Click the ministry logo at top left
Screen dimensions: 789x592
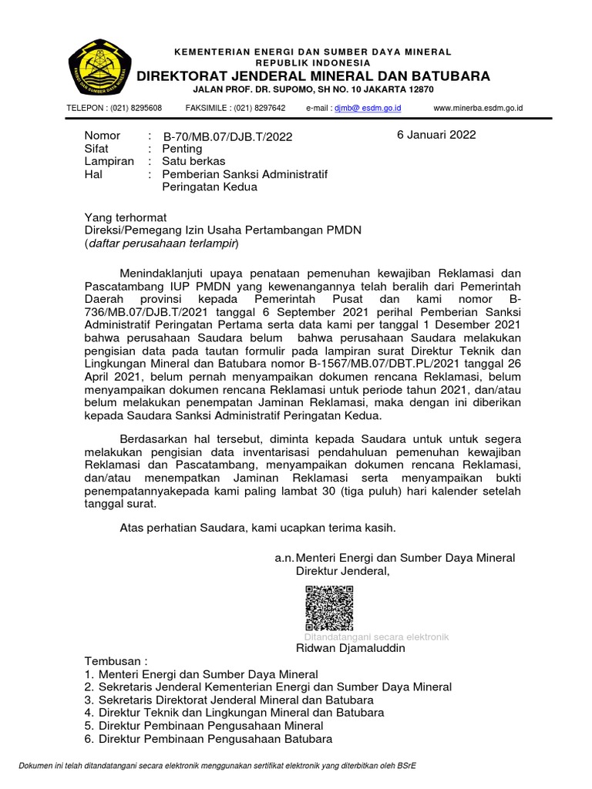99,67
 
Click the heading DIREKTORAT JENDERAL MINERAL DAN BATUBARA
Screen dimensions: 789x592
313,76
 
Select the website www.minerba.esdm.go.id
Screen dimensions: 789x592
478,109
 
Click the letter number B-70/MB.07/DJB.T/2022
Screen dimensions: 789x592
227,136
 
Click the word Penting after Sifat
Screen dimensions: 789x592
182,149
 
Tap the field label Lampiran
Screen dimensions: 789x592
109,161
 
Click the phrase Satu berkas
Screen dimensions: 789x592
193,161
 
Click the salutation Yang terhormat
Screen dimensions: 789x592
125,217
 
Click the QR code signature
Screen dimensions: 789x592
329,608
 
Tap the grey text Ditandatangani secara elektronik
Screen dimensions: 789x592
376,637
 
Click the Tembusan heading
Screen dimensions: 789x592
115,662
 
